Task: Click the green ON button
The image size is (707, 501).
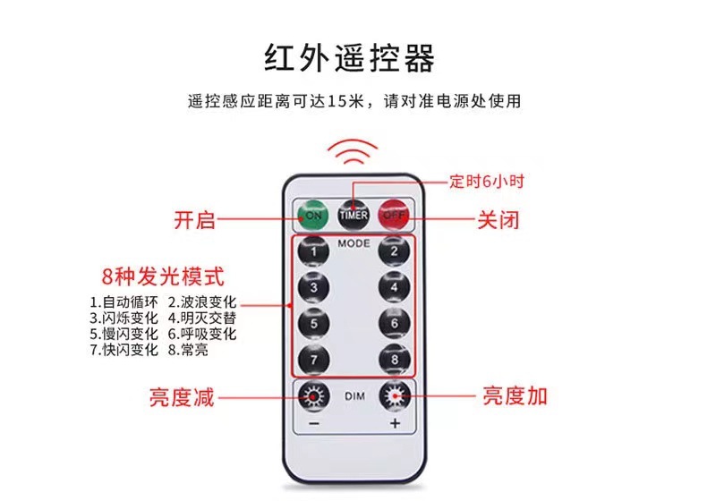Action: point(313,216)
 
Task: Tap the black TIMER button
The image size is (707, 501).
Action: point(353,216)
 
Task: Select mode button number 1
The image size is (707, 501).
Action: point(313,253)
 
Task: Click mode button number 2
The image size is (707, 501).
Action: point(394,253)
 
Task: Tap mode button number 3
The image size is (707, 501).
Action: point(313,288)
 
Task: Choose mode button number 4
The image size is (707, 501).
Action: point(394,288)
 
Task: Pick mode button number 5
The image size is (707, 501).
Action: point(313,323)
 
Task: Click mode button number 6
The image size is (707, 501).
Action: point(394,323)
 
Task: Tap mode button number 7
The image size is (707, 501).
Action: point(313,358)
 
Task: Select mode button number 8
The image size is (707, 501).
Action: point(394,358)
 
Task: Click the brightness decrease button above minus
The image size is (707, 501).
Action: point(313,396)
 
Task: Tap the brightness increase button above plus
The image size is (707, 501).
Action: point(394,396)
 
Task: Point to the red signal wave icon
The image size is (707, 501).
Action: point(353,152)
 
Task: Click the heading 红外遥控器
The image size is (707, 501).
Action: point(353,58)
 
